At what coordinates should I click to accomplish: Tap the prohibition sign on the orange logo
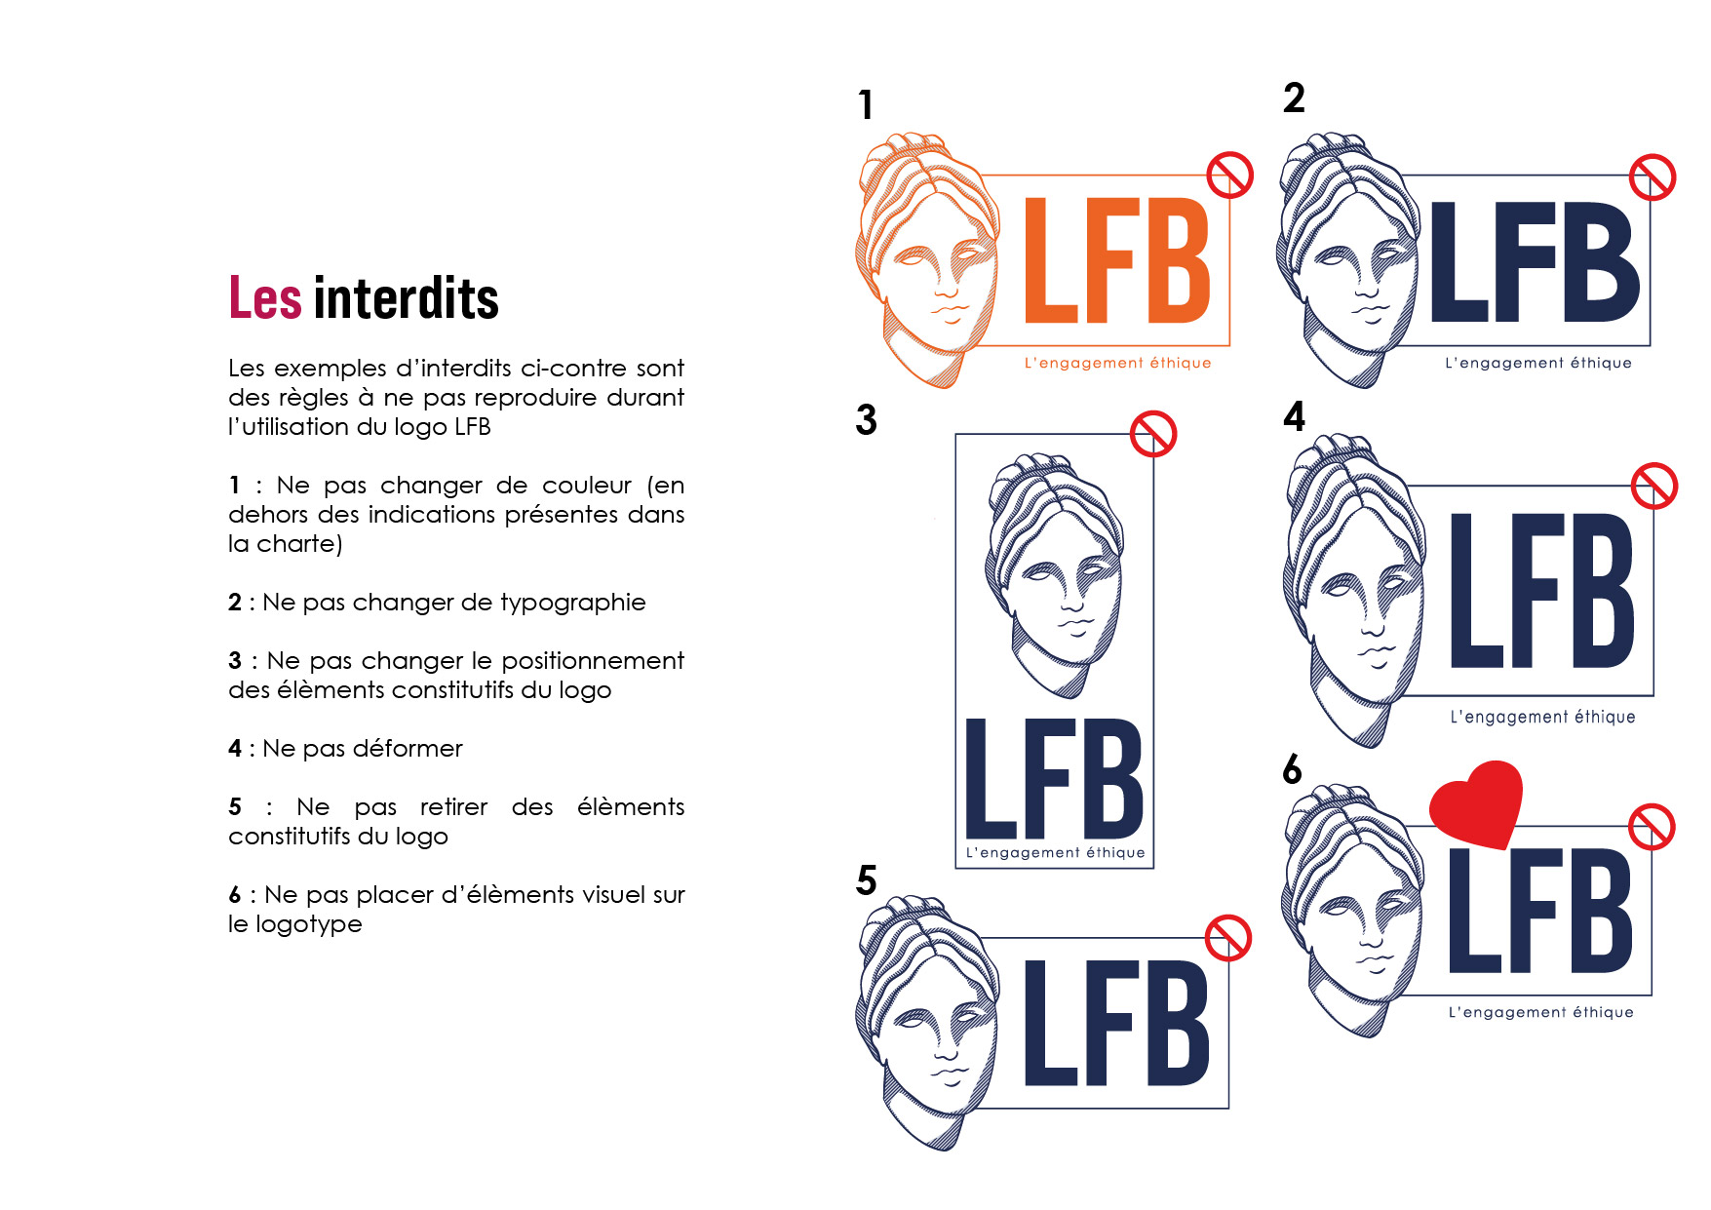point(1229,176)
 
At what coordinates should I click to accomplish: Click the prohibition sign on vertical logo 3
point(1153,434)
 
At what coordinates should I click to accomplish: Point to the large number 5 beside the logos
point(867,880)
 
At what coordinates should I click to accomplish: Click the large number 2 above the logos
point(1294,98)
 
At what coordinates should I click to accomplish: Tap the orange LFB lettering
point(1117,259)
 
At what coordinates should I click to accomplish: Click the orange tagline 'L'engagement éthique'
point(1117,363)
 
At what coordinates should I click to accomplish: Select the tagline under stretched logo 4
point(1542,717)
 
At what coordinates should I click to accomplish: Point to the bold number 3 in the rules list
point(235,660)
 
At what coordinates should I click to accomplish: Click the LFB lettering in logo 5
point(1117,1022)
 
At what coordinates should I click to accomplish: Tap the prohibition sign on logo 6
point(1653,827)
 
